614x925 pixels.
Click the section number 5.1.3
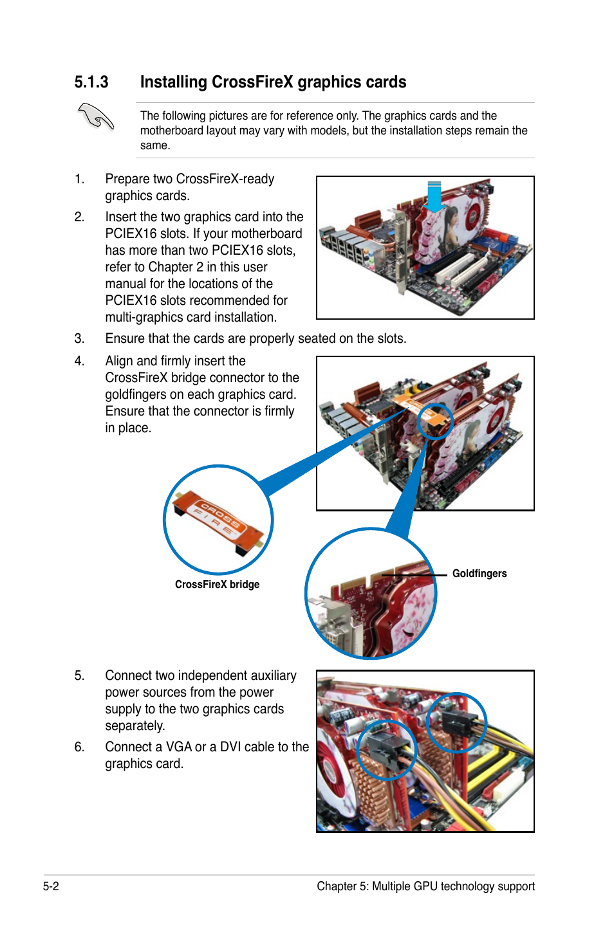[91, 82]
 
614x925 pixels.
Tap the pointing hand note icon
[96, 117]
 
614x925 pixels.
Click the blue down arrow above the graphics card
[434, 196]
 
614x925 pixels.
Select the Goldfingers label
[479, 574]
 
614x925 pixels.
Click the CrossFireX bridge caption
[217, 585]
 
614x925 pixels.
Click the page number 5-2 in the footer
[51, 886]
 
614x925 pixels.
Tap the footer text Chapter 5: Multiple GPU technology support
[425, 886]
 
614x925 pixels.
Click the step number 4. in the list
[79, 362]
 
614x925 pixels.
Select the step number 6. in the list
[79, 747]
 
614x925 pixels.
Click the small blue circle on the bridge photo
[435, 422]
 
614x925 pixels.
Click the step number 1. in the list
[79, 179]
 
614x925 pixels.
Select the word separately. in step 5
[135, 726]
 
